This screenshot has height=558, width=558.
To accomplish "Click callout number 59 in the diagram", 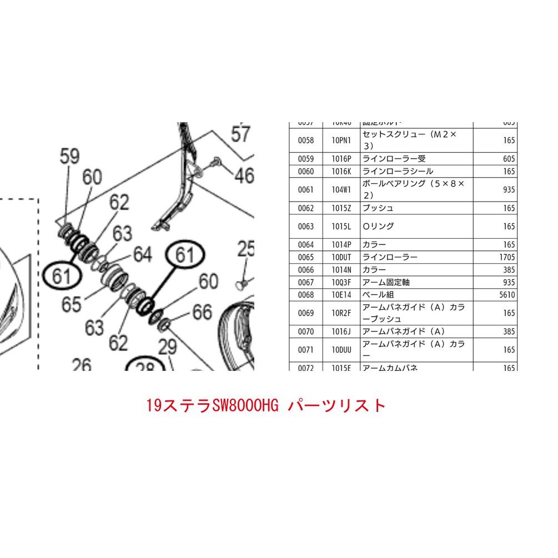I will pyautogui.click(x=70, y=158).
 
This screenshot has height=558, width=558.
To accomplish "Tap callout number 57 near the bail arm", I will pyautogui.click(x=241, y=135).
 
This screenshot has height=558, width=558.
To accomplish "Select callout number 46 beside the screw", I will pyautogui.click(x=243, y=176).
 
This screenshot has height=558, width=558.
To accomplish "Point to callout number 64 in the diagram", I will pyautogui.click(x=142, y=255).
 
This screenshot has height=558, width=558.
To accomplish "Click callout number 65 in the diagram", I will pyautogui.click(x=72, y=304).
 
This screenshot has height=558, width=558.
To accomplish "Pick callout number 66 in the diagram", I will pyautogui.click(x=202, y=313).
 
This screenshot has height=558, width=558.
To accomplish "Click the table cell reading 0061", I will pyautogui.click(x=305, y=189).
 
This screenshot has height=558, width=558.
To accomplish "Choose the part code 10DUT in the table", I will pyautogui.click(x=341, y=257).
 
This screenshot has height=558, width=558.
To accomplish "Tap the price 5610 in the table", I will pyautogui.click(x=507, y=295).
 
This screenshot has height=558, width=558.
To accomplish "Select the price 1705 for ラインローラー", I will pyautogui.click(x=507, y=257).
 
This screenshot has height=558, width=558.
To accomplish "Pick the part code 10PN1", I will pyautogui.click(x=341, y=140).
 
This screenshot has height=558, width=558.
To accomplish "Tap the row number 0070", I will pyautogui.click(x=305, y=331).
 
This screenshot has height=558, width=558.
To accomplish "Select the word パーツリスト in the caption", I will pyautogui.click(x=336, y=405).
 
